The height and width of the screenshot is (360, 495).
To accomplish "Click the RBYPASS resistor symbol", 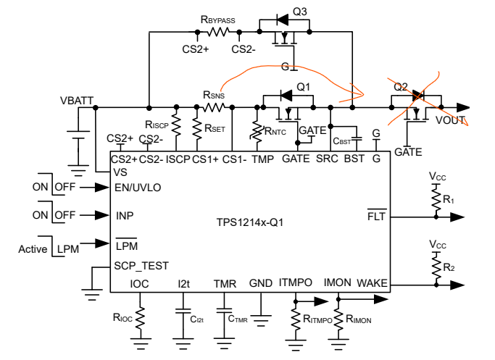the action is [x=218, y=32].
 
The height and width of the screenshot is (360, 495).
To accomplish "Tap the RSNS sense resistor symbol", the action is [x=213, y=108].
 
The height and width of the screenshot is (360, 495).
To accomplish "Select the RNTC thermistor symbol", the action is [x=257, y=132].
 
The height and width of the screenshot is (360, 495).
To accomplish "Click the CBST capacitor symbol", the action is [x=357, y=139].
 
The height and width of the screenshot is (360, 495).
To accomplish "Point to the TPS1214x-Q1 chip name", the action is [x=250, y=222].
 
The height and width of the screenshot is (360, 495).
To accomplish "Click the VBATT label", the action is [x=77, y=101].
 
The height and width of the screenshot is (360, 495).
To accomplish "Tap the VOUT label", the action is [x=450, y=120].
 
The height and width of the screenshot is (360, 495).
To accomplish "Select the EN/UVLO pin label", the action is [x=138, y=188].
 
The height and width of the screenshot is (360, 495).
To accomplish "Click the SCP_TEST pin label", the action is [x=141, y=266].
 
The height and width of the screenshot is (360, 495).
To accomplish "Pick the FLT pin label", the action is [x=377, y=216].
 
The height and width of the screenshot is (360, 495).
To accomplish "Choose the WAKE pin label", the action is [x=372, y=283].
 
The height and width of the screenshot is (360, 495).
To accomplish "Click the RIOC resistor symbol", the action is [x=140, y=317].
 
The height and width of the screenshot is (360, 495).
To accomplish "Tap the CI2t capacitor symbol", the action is [x=183, y=311].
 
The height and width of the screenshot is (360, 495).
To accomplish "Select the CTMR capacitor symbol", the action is [x=224, y=311].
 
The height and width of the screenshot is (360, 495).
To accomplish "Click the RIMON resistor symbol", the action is [x=338, y=319].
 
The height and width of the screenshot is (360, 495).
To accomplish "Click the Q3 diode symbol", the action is [x=282, y=20].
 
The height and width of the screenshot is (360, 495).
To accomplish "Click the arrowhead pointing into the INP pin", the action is [x=101, y=215].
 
